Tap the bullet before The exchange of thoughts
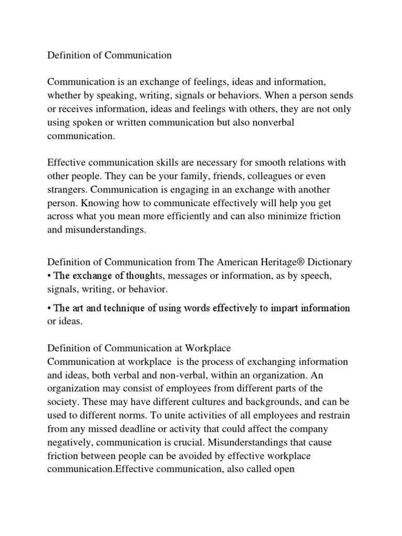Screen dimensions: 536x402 coord(50,275)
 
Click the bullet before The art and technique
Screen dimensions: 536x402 coord(50,308)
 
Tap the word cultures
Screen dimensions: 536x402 coord(199,402)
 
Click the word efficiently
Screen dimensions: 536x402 coord(214,216)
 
